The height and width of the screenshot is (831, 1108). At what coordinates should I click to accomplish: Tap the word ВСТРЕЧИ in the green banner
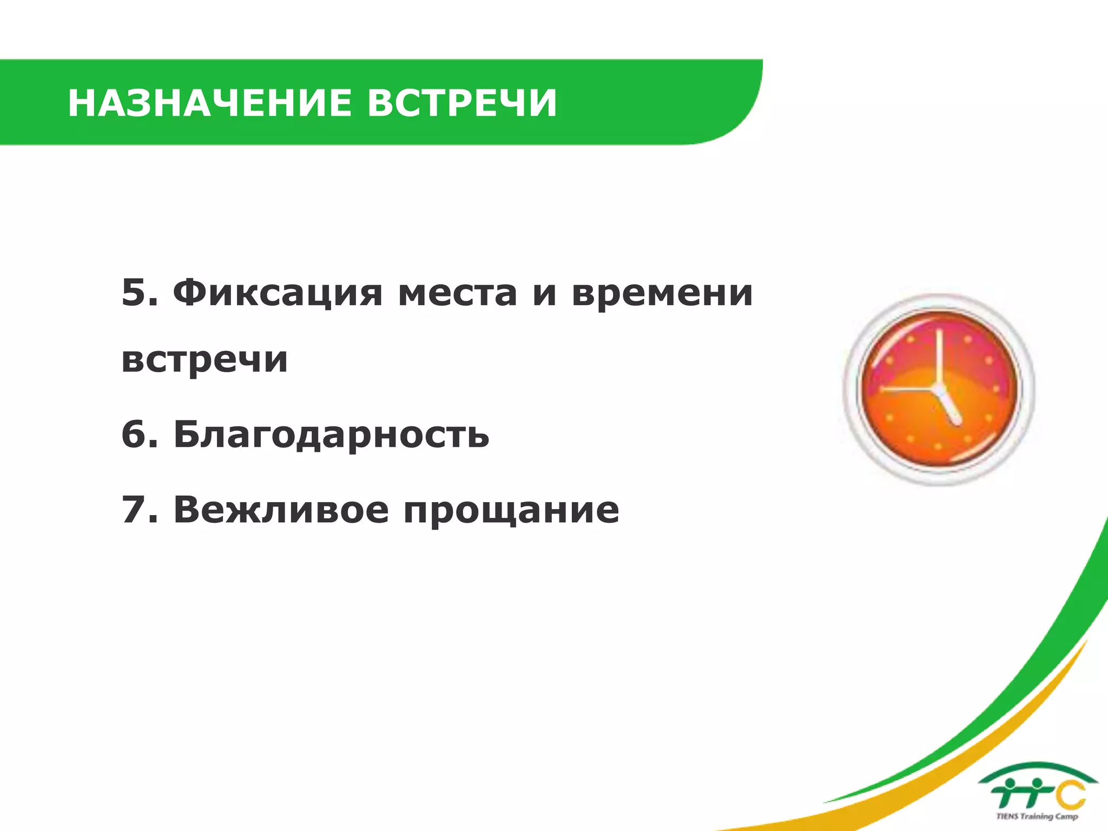(x=462, y=103)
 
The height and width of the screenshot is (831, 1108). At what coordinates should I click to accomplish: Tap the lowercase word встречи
(x=205, y=360)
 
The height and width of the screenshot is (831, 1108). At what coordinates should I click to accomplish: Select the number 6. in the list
(x=140, y=434)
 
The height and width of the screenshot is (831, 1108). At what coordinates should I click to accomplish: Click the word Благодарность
(x=331, y=435)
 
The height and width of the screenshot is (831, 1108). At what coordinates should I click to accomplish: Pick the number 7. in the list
(x=140, y=510)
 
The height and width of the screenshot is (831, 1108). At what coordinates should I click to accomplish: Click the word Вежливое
(x=281, y=510)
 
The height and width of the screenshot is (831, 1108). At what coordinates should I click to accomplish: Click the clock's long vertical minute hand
(x=940, y=357)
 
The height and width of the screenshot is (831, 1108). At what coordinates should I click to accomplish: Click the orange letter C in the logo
(x=1071, y=794)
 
